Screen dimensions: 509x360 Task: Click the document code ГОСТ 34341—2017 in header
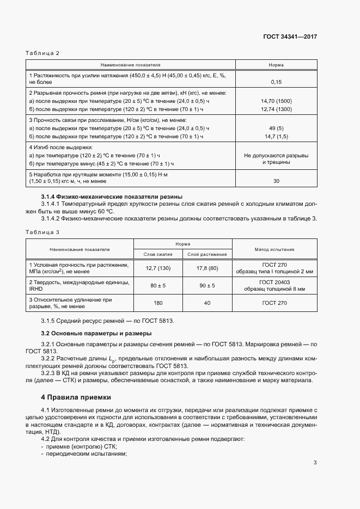coord(289,37)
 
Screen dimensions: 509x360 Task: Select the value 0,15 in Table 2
coord(276,82)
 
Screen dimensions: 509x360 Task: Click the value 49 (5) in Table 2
coord(276,128)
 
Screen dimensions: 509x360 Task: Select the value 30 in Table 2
coord(276,181)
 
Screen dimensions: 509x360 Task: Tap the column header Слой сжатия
coord(158,254)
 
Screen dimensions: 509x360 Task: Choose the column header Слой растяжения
coord(207,254)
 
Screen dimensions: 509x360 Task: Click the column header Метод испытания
coord(274,249)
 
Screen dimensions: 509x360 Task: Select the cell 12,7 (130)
coord(158,268)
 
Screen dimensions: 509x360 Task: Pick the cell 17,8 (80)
coord(207,268)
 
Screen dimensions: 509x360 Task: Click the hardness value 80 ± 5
coord(158,285)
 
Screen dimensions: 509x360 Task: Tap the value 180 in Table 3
coord(158,303)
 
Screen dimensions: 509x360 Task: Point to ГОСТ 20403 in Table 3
coord(274,282)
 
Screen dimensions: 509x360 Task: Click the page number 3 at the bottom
coord(315,463)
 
